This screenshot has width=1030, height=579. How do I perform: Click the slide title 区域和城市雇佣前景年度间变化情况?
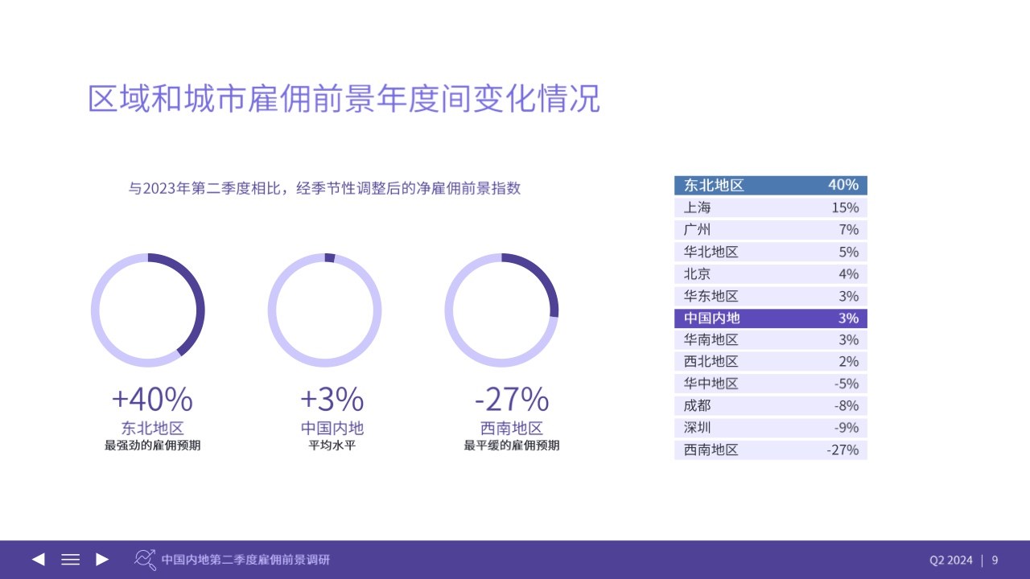(344, 98)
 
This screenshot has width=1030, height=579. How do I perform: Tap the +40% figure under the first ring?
(152, 399)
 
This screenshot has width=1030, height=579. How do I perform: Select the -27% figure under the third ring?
(512, 399)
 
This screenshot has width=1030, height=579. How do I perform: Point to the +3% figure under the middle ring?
(332, 399)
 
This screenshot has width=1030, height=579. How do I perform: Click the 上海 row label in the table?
(697, 207)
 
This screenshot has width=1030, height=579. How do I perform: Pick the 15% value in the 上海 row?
(845, 207)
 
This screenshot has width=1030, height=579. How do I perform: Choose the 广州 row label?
(697, 229)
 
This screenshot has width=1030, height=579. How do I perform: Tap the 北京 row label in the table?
(697, 274)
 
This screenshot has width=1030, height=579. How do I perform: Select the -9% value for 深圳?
(847, 428)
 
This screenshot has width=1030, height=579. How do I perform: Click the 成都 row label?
(697, 406)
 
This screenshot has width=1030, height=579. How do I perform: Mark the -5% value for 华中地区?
(847, 384)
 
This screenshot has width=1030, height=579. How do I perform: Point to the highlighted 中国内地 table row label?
(712, 318)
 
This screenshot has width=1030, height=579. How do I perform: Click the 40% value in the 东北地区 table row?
(843, 185)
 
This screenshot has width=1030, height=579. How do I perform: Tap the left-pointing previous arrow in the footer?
(38, 559)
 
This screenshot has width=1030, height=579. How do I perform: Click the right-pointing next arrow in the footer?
(102, 559)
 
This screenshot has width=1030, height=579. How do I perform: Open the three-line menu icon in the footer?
(70, 559)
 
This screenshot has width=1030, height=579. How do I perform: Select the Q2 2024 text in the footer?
(951, 561)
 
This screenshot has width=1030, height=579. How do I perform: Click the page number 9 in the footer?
(995, 561)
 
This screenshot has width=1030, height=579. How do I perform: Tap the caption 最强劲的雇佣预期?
(152, 446)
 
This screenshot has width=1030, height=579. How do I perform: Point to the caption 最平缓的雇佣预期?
(512, 446)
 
